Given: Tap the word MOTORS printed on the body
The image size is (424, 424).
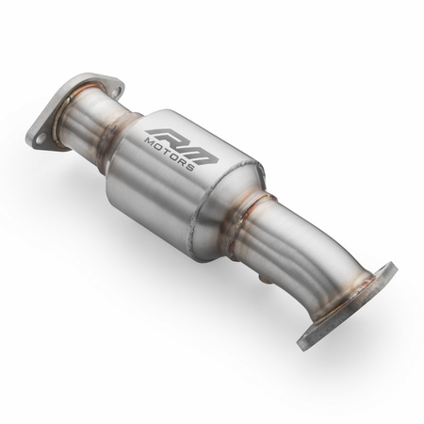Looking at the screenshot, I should click(171, 155).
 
